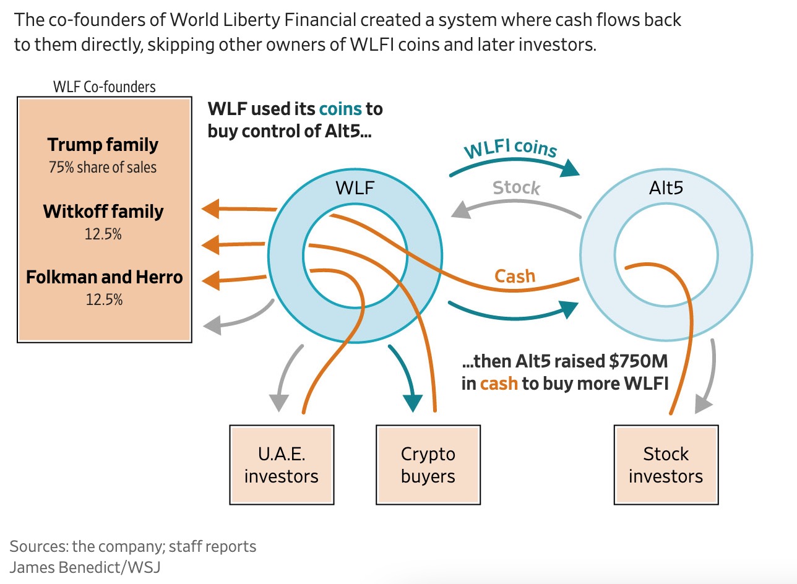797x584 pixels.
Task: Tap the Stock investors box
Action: pyautogui.click(x=666, y=465)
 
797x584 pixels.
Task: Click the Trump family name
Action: pyautogui.click(x=103, y=145)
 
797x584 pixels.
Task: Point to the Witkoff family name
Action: pyautogui.click(x=103, y=212)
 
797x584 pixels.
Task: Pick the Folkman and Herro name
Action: pyautogui.click(x=104, y=277)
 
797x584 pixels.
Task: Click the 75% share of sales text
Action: pyautogui.click(x=103, y=167)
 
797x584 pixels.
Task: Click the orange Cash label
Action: pyautogui.click(x=514, y=276)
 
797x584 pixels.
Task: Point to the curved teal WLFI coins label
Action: pyautogui.click(x=511, y=149)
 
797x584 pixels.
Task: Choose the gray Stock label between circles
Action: pyautogui.click(x=516, y=187)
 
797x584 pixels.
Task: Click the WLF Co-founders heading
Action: pyautogui.click(x=105, y=87)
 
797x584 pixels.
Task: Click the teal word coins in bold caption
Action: pyautogui.click(x=340, y=109)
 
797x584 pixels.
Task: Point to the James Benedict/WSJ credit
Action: pyautogui.click(x=85, y=567)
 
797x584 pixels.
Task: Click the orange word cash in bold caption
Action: pyautogui.click(x=499, y=384)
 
